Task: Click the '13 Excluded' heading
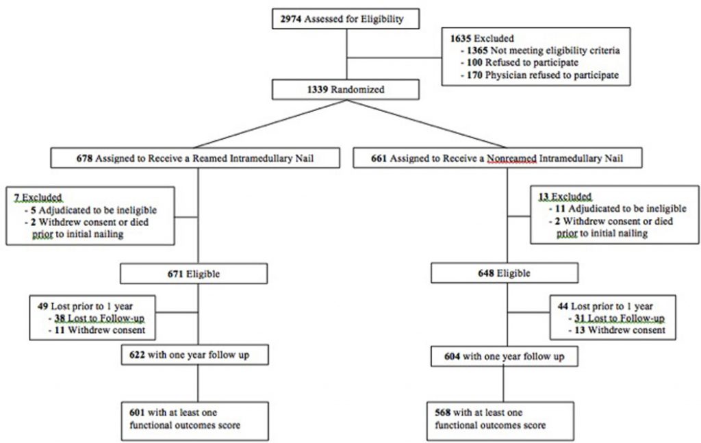click(565, 197)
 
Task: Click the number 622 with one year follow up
click(136, 355)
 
